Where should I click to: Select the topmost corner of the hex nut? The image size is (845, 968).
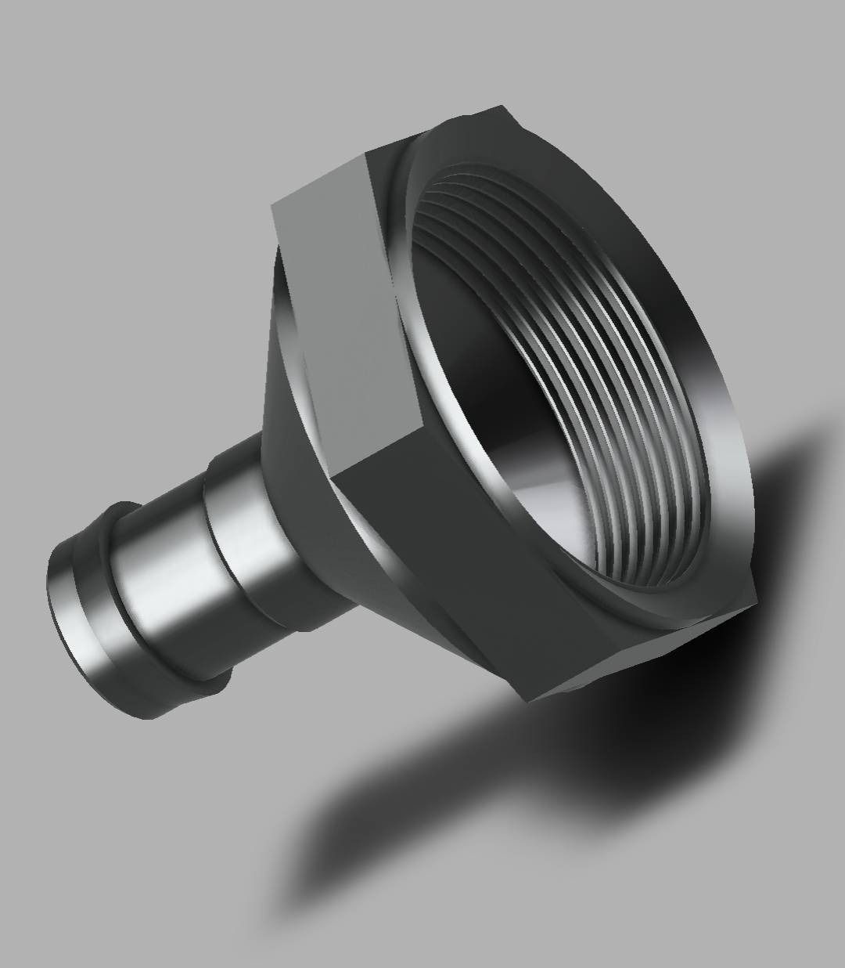[x=498, y=105]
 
